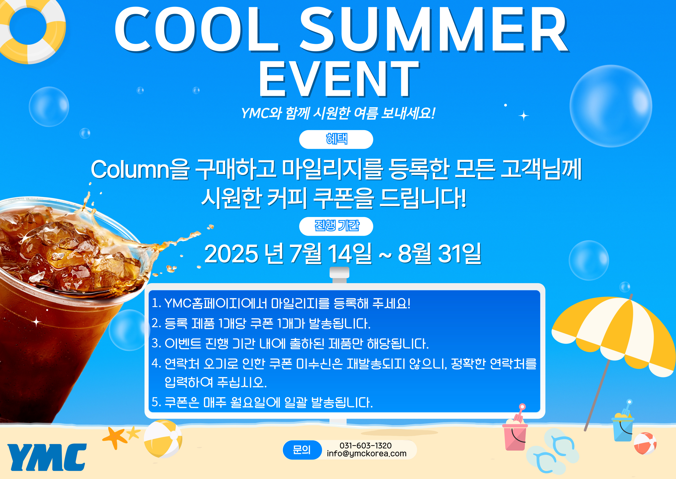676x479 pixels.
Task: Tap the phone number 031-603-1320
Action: (365, 445)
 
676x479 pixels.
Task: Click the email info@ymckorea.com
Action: (366, 453)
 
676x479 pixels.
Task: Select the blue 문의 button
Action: (302, 450)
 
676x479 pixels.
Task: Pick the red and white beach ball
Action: (645, 443)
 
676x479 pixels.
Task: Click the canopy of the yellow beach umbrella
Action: (613, 333)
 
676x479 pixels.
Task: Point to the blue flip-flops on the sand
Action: (552, 451)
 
